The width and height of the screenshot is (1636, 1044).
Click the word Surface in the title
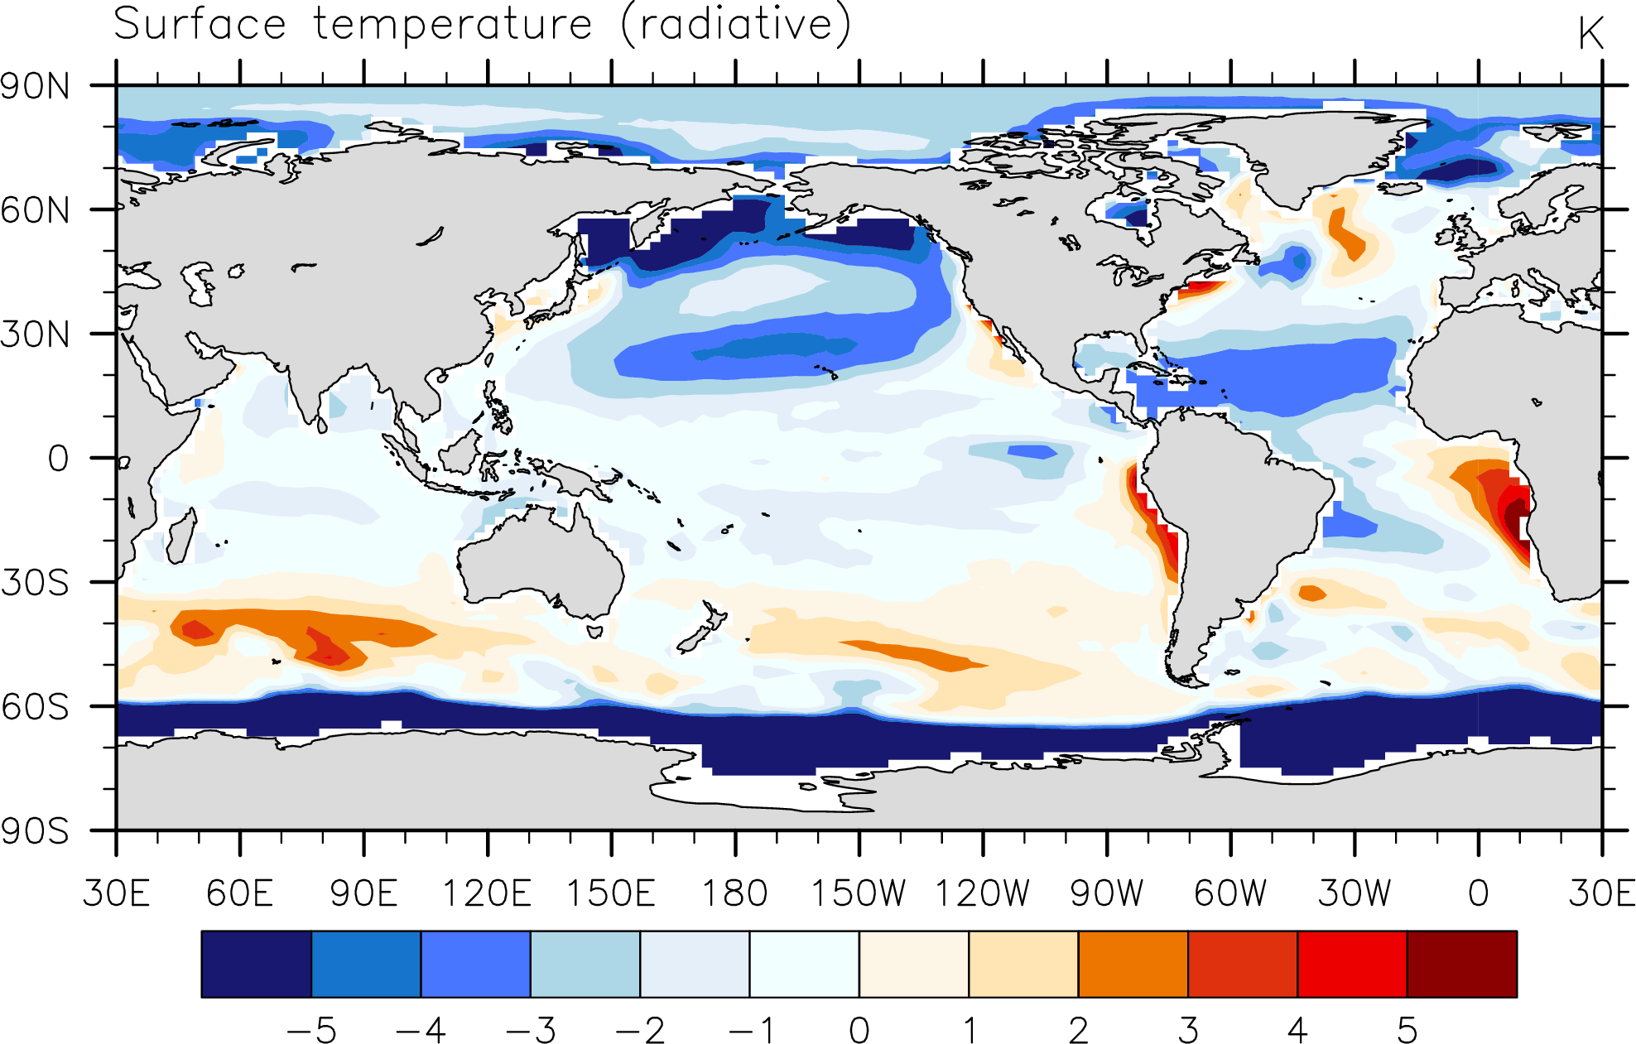coord(200,23)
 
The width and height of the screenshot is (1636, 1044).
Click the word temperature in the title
coord(454,25)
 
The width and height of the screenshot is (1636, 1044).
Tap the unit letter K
coord(1590,34)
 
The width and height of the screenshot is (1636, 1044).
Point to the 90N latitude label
coord(36,86)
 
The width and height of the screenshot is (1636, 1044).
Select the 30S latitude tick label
coord(36,583)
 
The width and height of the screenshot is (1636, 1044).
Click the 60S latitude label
coord(36,707)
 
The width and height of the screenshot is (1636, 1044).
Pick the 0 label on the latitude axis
coord(58,459)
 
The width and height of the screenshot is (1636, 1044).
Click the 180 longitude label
coord(735,893)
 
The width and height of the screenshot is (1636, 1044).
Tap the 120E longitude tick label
coord(487,893)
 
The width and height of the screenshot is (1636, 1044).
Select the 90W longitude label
coord(1107,893)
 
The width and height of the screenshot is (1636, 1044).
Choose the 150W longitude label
coord(859,893)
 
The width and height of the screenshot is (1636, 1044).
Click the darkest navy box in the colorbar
coord(257,964)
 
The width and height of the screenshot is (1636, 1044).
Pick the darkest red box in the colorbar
coord(1462,964)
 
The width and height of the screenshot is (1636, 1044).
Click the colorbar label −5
coord(311,1031)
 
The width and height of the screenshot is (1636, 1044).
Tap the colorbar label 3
coord(1188,1031)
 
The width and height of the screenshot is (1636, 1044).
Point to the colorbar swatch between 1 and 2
coord(1023,964)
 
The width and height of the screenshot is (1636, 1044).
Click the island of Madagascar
coord(181,536)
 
